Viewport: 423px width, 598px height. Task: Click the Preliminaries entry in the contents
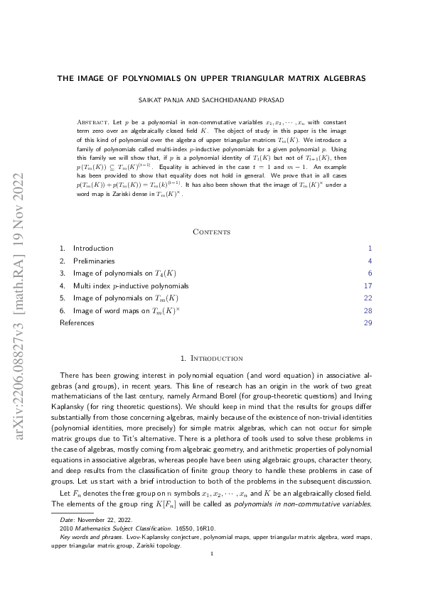coord(95,261)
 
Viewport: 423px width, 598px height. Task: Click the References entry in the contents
coord(77,323)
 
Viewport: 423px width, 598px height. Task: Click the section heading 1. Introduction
coord(211,359)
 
